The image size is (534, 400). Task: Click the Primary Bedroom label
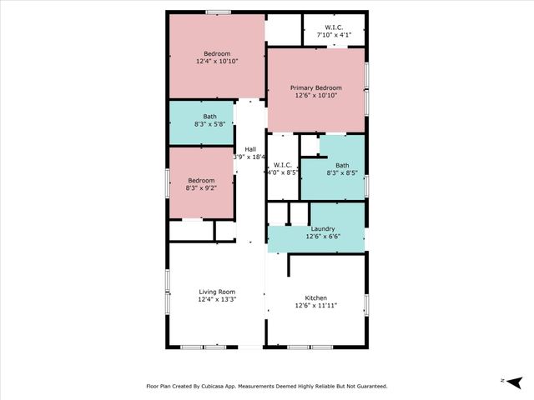click(316, 87)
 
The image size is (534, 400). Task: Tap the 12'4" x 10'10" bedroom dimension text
click(218, 62)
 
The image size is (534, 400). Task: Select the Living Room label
click(218, 292)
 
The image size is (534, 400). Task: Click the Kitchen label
click(316, 298)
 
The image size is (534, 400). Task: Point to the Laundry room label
click(323, 229)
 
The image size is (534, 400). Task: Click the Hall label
click(250, 148)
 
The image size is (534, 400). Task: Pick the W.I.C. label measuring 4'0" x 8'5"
click(282, 165)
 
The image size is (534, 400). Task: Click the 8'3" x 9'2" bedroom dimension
click(200, 188)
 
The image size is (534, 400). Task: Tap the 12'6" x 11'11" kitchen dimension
click(316, 306)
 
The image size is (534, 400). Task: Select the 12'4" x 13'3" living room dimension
click(218, 299)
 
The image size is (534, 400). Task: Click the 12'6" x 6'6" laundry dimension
click(323, 237)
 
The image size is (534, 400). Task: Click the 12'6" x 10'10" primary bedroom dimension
click(316, 95)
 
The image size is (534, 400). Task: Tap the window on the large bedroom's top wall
click(219, 12)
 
